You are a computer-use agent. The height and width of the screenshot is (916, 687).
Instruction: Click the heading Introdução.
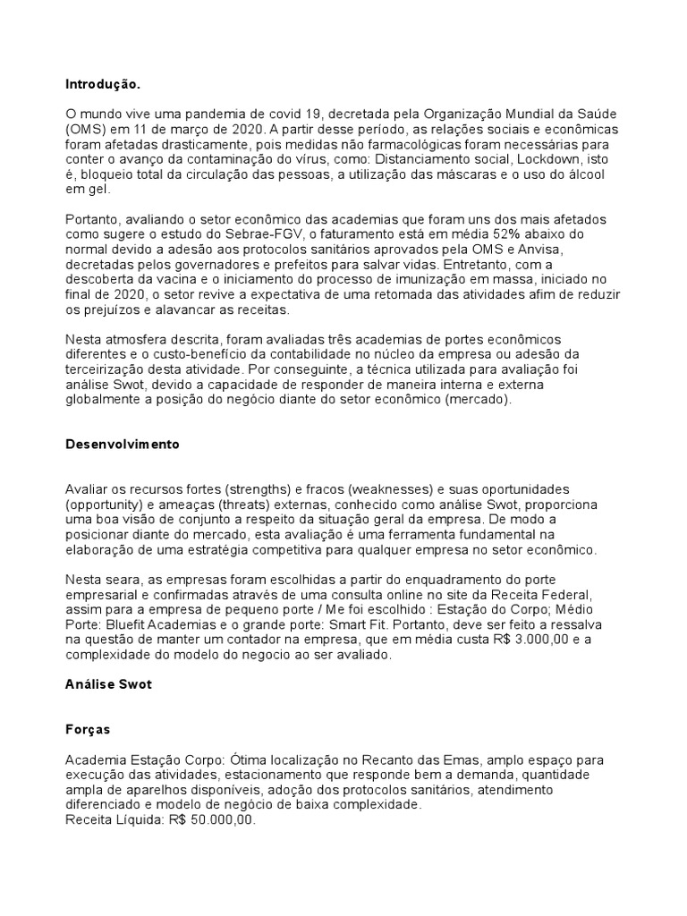pyautogui.click(x=103, y=84)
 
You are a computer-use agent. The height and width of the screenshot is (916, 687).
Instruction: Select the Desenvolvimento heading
pyautogui.click(x=123, y=445)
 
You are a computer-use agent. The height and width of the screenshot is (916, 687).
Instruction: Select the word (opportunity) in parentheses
pyautogui.click(x=104, y=505)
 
